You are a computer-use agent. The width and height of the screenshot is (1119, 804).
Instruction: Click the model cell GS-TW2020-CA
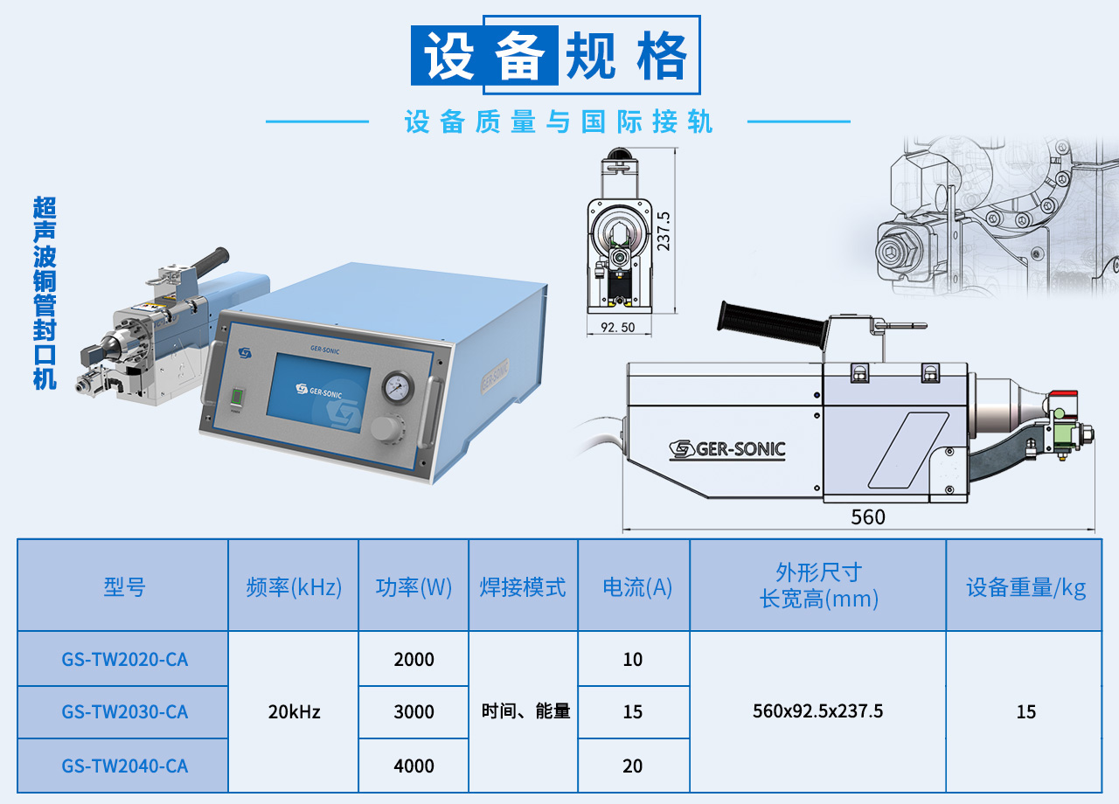[x=125, y=660]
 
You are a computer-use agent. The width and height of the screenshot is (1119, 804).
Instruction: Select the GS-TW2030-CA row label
[x=125, y=712]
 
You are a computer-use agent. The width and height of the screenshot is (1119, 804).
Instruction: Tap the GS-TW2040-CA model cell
[x=125, y=766]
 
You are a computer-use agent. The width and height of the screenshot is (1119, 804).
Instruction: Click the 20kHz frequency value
[x=295, y=712]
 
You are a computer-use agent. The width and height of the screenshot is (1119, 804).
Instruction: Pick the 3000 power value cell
[x=414, y=712]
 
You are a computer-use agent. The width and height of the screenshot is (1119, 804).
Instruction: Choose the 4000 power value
[x=414, y=766]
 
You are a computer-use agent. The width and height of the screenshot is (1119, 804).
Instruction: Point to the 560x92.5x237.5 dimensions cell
[x=817, y=711]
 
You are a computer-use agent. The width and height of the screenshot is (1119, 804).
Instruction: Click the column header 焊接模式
[x=523, y=587]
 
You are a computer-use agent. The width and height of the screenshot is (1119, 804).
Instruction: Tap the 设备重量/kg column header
[x=1026, y=587]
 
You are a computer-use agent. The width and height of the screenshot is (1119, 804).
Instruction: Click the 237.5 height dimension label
[x=664, y=232]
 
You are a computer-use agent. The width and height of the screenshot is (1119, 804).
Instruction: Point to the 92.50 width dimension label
[x=618, y=328]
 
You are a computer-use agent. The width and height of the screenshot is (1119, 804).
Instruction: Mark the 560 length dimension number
[x=868, y=516]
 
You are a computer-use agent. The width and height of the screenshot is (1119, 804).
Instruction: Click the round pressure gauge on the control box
[x=398, y=387]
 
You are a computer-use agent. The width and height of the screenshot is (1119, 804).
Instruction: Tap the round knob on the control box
[x=386, y=428]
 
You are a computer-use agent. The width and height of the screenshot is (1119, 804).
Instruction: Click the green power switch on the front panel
[x=237, y=398]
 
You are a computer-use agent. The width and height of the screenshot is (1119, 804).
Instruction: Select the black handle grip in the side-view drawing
[x=772, y=324]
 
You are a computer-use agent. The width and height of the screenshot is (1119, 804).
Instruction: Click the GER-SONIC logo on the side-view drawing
[x=727, y=449]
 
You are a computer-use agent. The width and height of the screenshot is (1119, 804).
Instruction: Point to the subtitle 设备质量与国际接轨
[x=559, y=121]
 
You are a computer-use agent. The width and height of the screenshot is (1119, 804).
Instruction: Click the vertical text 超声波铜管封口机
[x=45, y=293]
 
